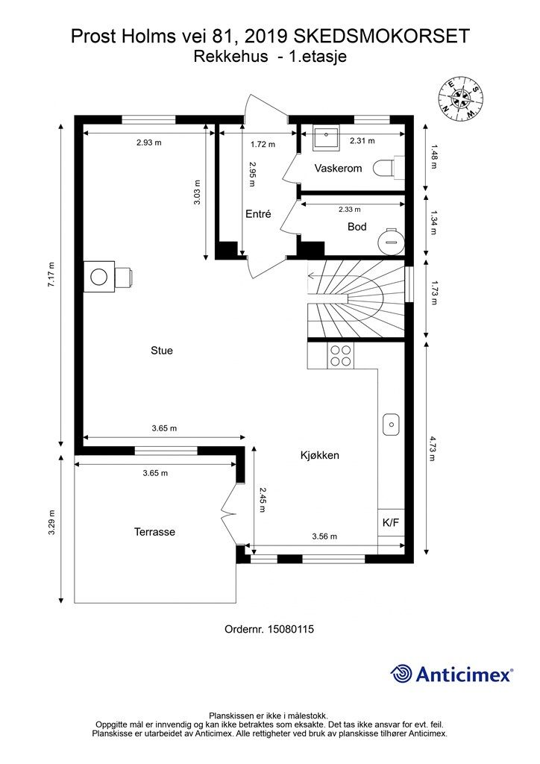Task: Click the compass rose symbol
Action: click(460, 99)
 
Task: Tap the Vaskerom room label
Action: click(338, 169)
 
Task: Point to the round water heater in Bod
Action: click(392, 240)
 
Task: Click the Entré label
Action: click(258, 214)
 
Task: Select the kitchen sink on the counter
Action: click(391, 425)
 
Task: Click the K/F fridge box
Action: click(391, 523)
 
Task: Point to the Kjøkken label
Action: click(319, 456)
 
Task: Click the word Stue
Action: click(162, 351)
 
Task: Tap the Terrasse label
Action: click(154, 532)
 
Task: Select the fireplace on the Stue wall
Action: click(107, 277)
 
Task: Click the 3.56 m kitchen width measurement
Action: click(324, 536)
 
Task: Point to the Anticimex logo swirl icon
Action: click(401, 674)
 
